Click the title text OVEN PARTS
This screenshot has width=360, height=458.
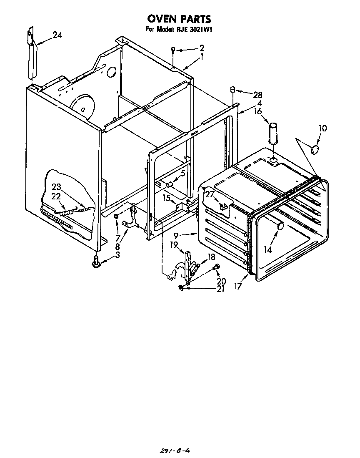(x=179, y=19)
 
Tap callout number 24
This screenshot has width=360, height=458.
(x=57, y=35)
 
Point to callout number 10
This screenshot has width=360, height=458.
(x=323, y=128)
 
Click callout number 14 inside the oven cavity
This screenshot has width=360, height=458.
(x=267, y=249)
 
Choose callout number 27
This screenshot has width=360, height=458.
(x=209, y=194)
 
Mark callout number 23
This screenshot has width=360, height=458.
(x=56, y=187)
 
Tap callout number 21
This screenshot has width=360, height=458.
(x=220, y=289)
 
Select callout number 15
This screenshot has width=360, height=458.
(x=167, y=198)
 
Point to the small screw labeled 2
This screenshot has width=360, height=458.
(x=172, y=51)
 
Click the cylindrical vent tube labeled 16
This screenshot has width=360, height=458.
(x=273, y=133)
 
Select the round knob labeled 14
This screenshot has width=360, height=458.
(x=280, y=226)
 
